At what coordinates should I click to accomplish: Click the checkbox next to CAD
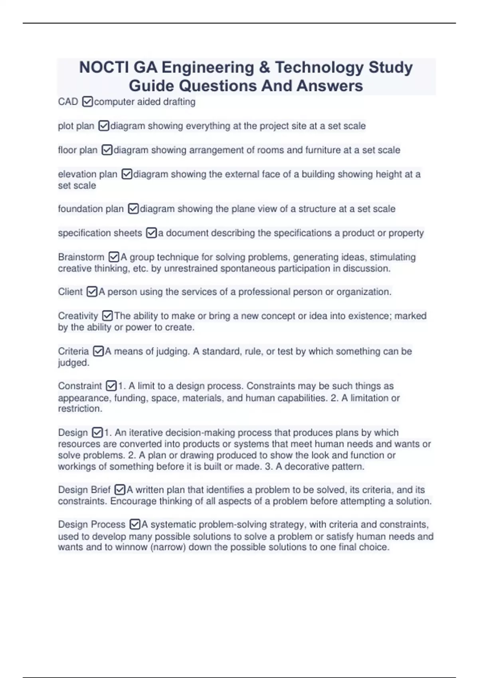pyautogui.click(x=87, y=102)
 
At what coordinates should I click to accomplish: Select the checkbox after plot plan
pyautogui.click(x=104, y=126)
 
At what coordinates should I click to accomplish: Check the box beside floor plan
pyautogui.click(x=107, y=150)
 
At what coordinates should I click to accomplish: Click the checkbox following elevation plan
pyautogui.click(x=127, y=174)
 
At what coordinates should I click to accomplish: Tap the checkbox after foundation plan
pyautogui.click(x=133, y=209)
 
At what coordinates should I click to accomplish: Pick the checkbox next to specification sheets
pyautogui.click(x=152, y=233)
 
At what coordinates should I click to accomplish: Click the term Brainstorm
pyautogui.click(x=81, y=257)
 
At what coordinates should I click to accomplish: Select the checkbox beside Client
pyautogui.click(x=92, y=292)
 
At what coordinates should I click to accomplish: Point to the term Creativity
pyautogui.click(x=78, y=316)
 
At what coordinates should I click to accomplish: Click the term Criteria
pyautogui.click(x=73, y=351)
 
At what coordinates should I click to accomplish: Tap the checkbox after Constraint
pyautogui.click(x=111, y=386)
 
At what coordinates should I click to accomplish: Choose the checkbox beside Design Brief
pyautogui.click(x=120, y=490)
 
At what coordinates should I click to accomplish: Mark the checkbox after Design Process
pyautogui.click(x=135, y=524)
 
